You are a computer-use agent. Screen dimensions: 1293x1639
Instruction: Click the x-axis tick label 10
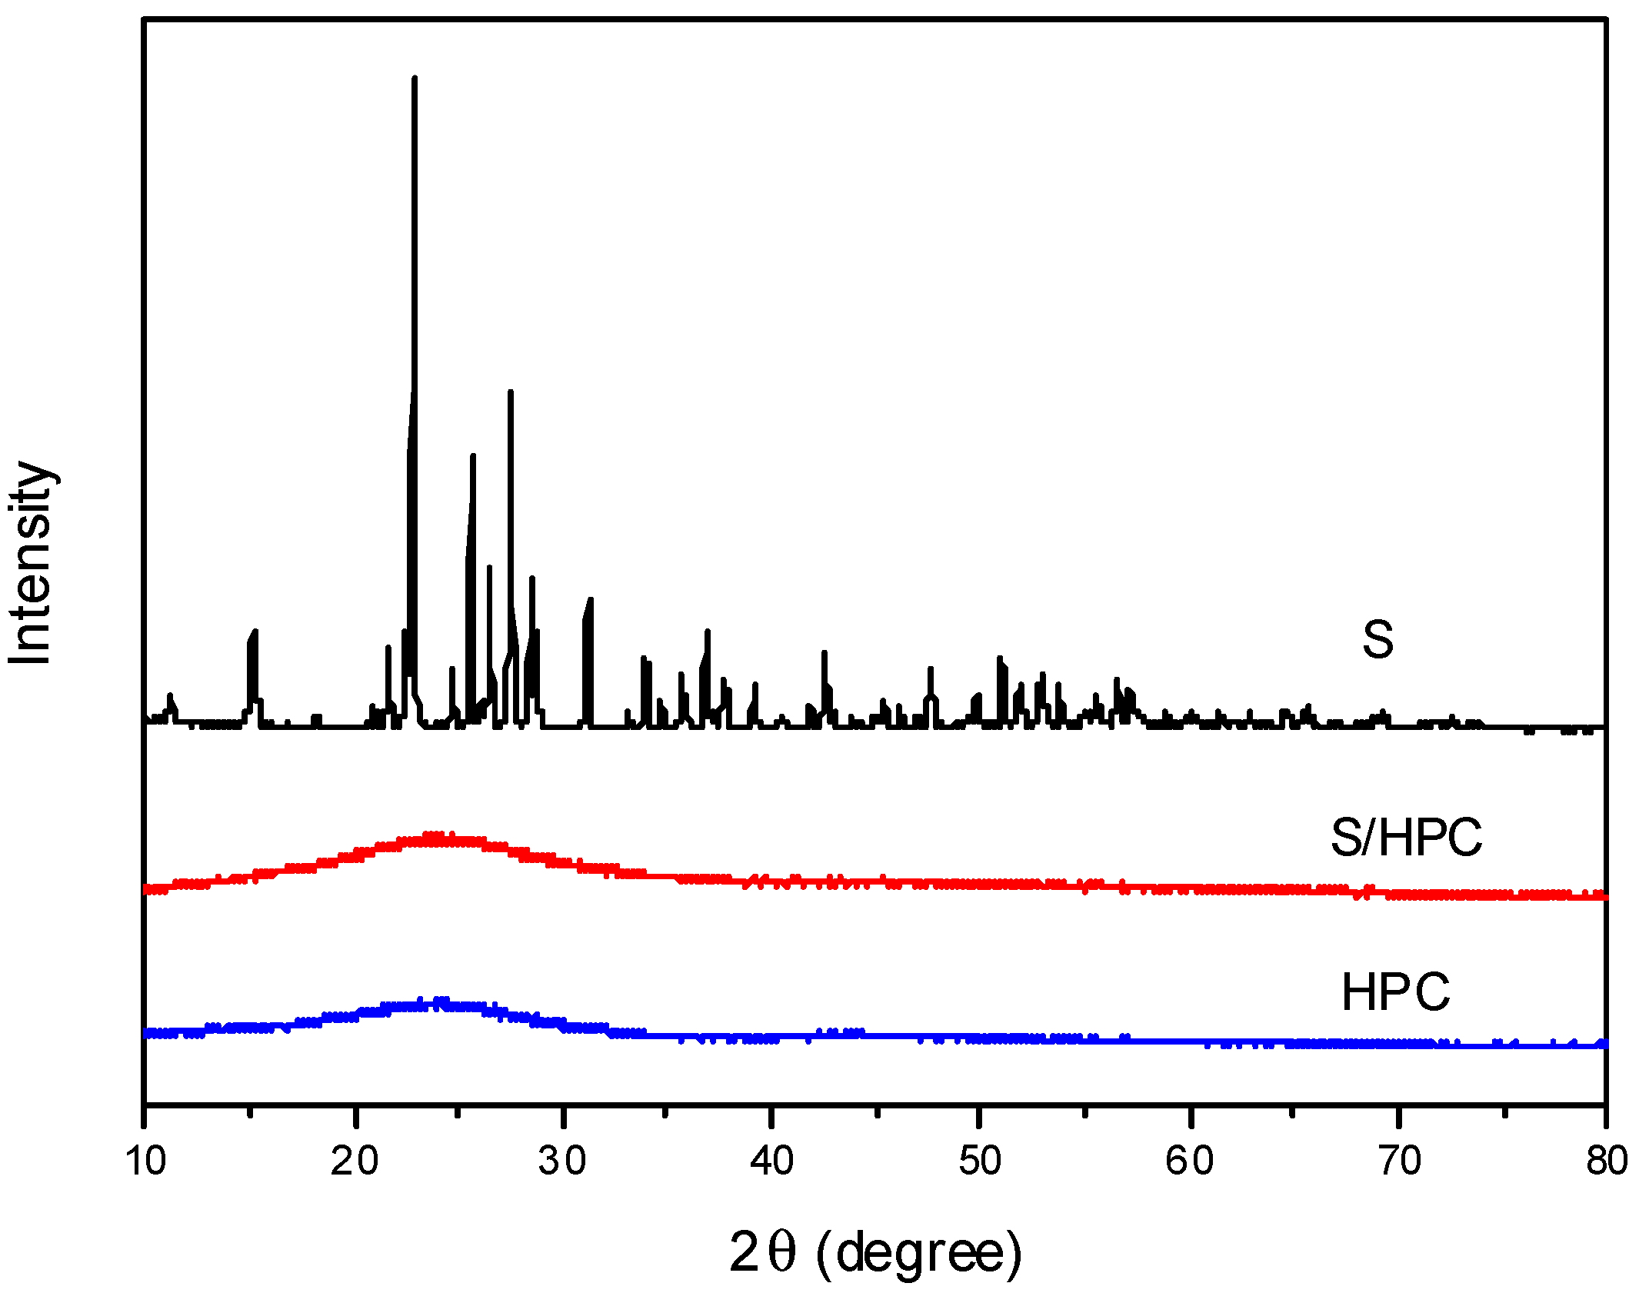point(145,1161)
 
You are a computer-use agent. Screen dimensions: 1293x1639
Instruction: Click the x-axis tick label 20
point(355,1161)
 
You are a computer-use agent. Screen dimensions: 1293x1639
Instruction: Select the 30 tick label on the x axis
point(562,1161)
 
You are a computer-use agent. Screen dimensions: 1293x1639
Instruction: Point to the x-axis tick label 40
point(771,1161)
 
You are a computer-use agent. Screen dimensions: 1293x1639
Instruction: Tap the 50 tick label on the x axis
point(980,1161)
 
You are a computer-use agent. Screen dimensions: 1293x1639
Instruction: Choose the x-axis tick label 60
point(1189,1161)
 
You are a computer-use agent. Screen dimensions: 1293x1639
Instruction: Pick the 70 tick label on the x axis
point(1399,1161)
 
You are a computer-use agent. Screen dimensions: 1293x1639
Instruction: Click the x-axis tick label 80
point(1607,1161)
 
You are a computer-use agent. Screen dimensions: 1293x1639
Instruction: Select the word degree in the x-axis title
point(921,1253)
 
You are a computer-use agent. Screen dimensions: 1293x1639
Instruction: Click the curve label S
point(1377,639)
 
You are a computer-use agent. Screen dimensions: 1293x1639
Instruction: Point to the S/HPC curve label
point(1406,837)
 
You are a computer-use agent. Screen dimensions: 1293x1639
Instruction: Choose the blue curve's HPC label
point(1396,992)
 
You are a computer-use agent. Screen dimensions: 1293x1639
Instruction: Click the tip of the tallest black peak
point(415,78)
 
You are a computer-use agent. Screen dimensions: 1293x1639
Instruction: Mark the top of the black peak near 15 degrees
point(255,632)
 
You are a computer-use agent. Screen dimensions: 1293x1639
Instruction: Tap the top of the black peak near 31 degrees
point(590,599)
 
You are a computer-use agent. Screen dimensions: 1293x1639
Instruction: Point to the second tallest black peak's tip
point(511,392)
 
